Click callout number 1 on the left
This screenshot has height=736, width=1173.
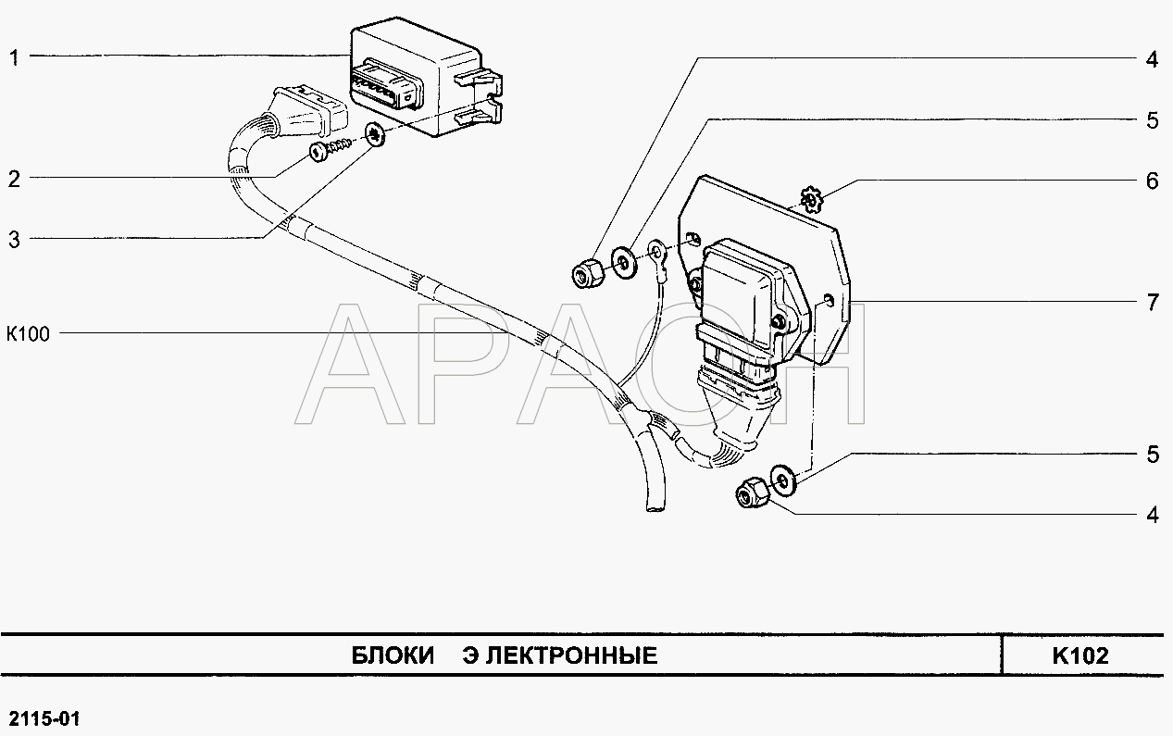[x=14, y=57]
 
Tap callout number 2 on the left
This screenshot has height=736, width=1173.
[x=14, y=179]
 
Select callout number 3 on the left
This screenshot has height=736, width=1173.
[x=14, y=240]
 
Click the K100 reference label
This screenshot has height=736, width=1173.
[x=28, y=333]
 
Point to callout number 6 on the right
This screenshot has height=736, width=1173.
[x=1152, y=181]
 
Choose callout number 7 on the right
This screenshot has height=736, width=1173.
[x=1153, y=303]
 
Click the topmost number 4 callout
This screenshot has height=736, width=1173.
[x=1152, y=59]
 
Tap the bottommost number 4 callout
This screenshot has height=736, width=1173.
[x=1153, y=515]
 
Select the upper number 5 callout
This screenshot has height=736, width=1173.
[x=1152, y=120]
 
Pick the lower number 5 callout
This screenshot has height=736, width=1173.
[x=1153, y=455]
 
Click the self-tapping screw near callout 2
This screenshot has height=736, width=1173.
[x=331, y=150]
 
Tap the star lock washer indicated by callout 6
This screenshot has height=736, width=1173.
[x=812, y=199]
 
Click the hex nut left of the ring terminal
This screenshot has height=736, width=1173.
[x=587, y=273]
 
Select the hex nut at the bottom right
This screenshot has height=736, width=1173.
[x=752, y=493]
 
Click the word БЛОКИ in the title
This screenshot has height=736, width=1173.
[x=393, y=655]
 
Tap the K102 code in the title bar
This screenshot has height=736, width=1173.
[x=1080, y=655]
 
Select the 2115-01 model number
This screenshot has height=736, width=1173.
[x=44, y=719]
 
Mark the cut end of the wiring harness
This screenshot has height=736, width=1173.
[x=655, y=505]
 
